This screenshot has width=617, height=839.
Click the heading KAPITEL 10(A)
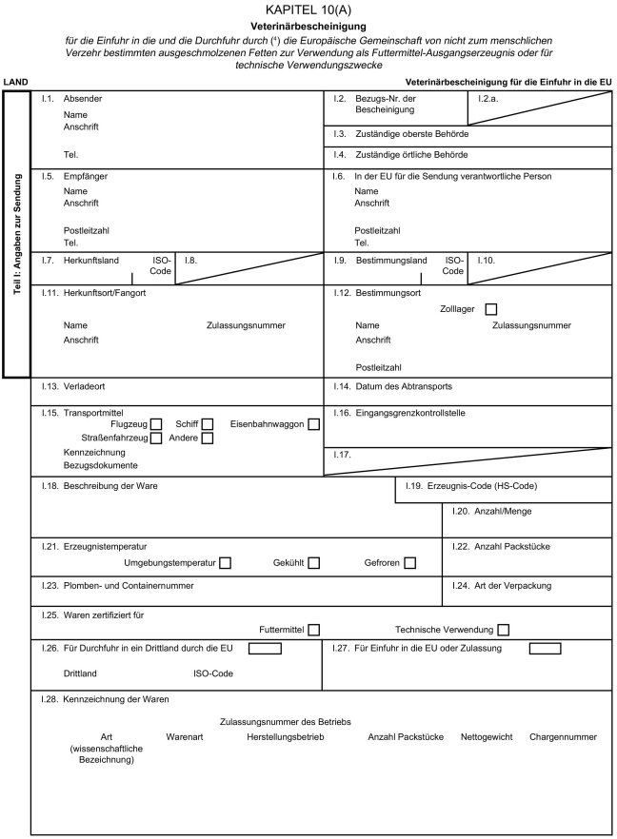click(x=308, y=10)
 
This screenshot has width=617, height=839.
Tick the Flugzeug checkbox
click(x=156, y=424)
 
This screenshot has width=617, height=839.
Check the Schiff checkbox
click(x=207, y=424)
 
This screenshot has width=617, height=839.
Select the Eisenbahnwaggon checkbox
click(x=313, y=424)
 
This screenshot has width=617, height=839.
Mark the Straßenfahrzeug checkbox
click(x=156, y=439)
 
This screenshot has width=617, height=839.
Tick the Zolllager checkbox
click(x=491, y=308)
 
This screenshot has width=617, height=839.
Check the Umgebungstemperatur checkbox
click(x=226, y=563)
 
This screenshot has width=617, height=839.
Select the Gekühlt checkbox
click(x=313, y=563)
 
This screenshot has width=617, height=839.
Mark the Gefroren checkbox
click(x=409, y=563)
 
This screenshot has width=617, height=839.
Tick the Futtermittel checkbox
click(x=313, y=630)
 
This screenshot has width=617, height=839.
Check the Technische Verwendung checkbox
click(x=503, y=630)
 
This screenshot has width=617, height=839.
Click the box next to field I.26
click(x=265, y=649)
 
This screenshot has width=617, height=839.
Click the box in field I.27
click(x=545, y=649)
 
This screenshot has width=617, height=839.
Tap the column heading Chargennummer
click(x=563, y=737)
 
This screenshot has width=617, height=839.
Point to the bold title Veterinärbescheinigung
click(x=308, y=27)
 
